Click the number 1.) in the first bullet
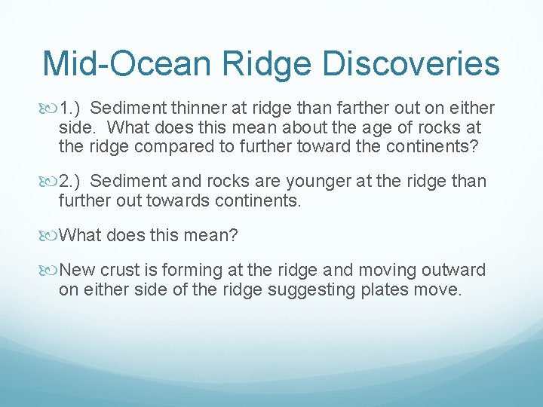(x=73, y=108)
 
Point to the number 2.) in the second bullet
(x=73, y=182)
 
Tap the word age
(x=369, y=127)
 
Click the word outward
(x=457, y=271)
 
